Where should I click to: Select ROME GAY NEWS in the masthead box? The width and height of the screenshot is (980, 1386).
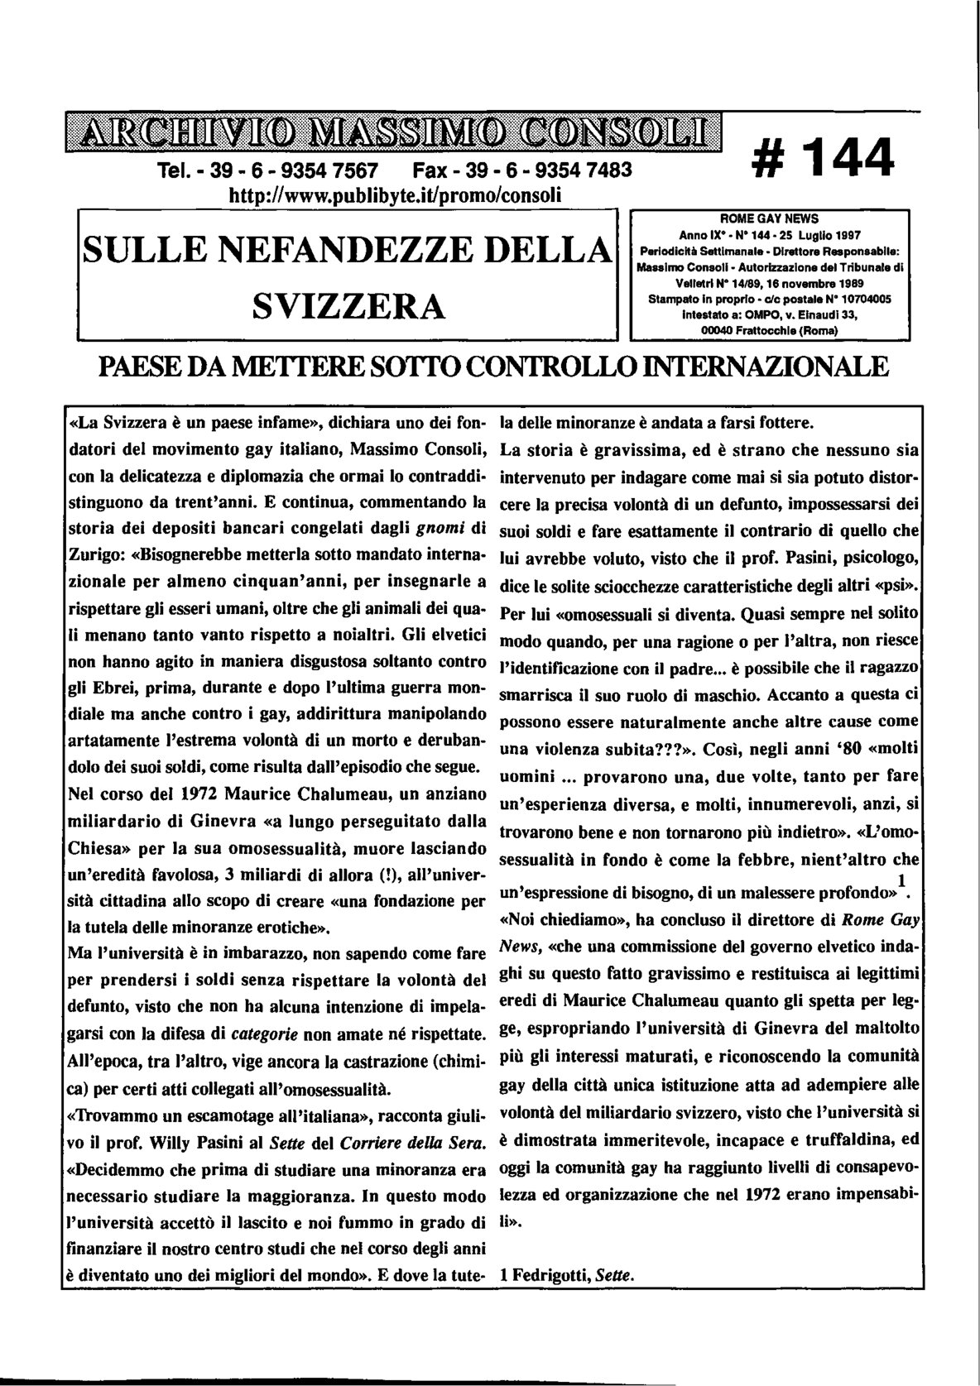tap(769, 219)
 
